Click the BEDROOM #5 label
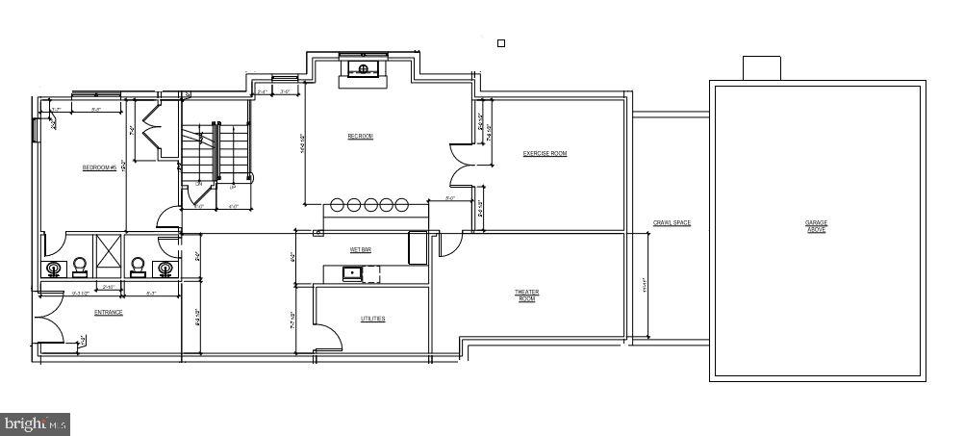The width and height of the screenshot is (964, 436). pos(99,167)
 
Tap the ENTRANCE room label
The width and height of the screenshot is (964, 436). pos(108,312)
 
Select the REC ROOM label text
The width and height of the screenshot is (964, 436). pos(360,137)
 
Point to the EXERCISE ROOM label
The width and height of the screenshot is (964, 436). pos(545,154)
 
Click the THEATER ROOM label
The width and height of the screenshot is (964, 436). pos(526,295)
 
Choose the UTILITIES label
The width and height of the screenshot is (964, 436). pos(372,319)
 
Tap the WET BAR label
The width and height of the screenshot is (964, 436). pos(360,249)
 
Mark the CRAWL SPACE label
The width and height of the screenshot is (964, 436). pos(672,223)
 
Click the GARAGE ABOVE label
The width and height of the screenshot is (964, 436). pos(816,226)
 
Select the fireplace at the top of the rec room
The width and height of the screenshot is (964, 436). pos(364,69)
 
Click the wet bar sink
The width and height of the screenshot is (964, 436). pos(352,273)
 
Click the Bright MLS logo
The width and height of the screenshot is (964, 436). pos(36,423)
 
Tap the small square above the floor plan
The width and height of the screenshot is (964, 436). pos(500,42)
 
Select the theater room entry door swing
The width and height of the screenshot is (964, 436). pos(448,244)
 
